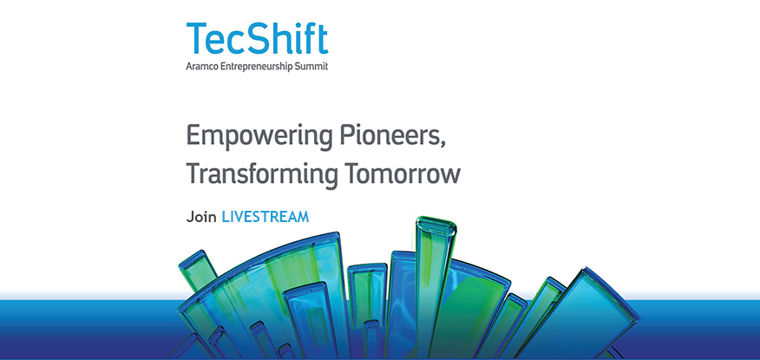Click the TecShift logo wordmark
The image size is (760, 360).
[x=257, y=40]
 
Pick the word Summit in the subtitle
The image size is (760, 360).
[x=311, y=66]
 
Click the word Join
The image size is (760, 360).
[x=200, y=216]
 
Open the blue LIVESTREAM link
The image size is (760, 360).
[x=265, y=216]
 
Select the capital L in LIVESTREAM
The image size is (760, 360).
[x=226, y=216]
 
